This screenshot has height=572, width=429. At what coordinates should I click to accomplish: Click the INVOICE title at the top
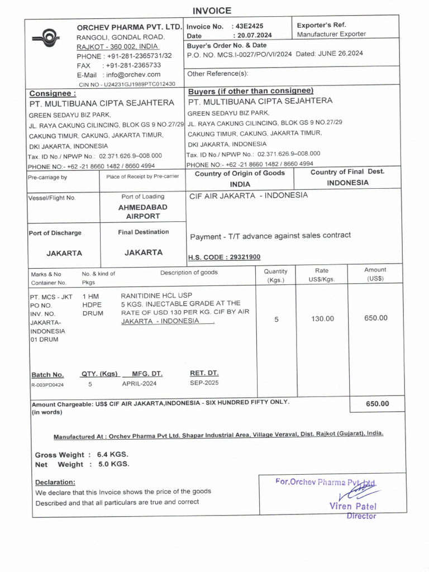pos(212,11)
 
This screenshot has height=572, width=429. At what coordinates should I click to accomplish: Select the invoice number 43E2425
pos(250,26)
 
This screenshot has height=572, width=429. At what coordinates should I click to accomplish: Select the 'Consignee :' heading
pos(53,93)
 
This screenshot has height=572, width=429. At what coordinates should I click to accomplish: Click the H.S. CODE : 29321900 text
pos(224,257)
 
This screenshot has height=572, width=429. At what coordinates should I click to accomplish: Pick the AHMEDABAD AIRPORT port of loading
pos(143,212)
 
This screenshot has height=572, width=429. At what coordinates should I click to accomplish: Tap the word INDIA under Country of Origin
pos(240,184)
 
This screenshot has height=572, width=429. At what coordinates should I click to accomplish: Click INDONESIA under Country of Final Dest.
pos(347,183)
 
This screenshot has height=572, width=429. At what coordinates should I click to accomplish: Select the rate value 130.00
pos(322,318)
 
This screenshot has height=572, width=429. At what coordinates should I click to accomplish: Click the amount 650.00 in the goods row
pos(375,318)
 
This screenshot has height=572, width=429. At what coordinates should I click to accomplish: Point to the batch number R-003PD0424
pos(47,384)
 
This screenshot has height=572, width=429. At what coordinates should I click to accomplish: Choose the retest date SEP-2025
pos(204,383)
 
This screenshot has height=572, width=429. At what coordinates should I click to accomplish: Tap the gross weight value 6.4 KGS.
pos(113,454)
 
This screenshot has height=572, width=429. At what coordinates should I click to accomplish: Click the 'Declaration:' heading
pos(55,482)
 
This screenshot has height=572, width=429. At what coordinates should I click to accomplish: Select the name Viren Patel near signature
pos(352,506)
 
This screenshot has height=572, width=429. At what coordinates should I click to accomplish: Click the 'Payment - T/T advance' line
pos(270,236)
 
